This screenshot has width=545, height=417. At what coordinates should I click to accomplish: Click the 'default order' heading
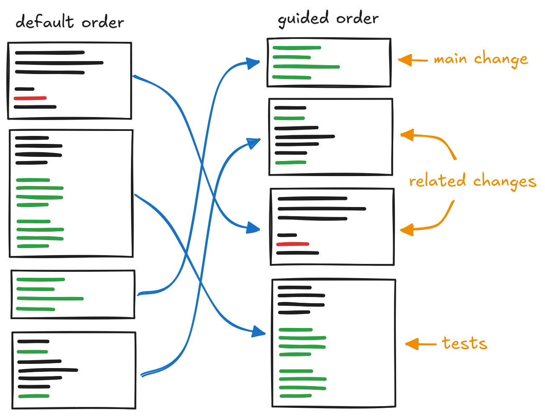69,22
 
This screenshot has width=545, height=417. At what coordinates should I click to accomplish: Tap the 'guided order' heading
328,19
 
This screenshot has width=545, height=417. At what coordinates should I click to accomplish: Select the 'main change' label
481,59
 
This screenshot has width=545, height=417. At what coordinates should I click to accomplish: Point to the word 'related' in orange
438,181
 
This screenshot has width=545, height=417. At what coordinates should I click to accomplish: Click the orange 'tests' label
464,343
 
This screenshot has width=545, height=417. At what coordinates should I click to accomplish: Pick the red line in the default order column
30,98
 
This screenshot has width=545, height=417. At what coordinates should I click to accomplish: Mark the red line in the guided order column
292,244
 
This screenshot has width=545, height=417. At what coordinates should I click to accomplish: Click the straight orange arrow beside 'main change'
412,60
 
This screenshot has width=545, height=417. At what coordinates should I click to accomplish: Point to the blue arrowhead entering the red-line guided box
253,228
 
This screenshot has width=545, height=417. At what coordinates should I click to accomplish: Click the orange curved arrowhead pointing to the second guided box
407,135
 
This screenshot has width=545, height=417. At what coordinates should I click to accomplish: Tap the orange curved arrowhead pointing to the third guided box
407,230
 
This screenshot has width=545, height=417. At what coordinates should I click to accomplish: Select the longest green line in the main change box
306,67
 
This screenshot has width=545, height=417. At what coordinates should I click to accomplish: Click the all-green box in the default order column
73,294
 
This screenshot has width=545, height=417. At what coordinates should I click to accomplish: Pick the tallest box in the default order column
71,193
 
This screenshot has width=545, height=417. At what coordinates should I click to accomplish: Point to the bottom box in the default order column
74,370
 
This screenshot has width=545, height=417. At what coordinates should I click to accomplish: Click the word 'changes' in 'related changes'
504,181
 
